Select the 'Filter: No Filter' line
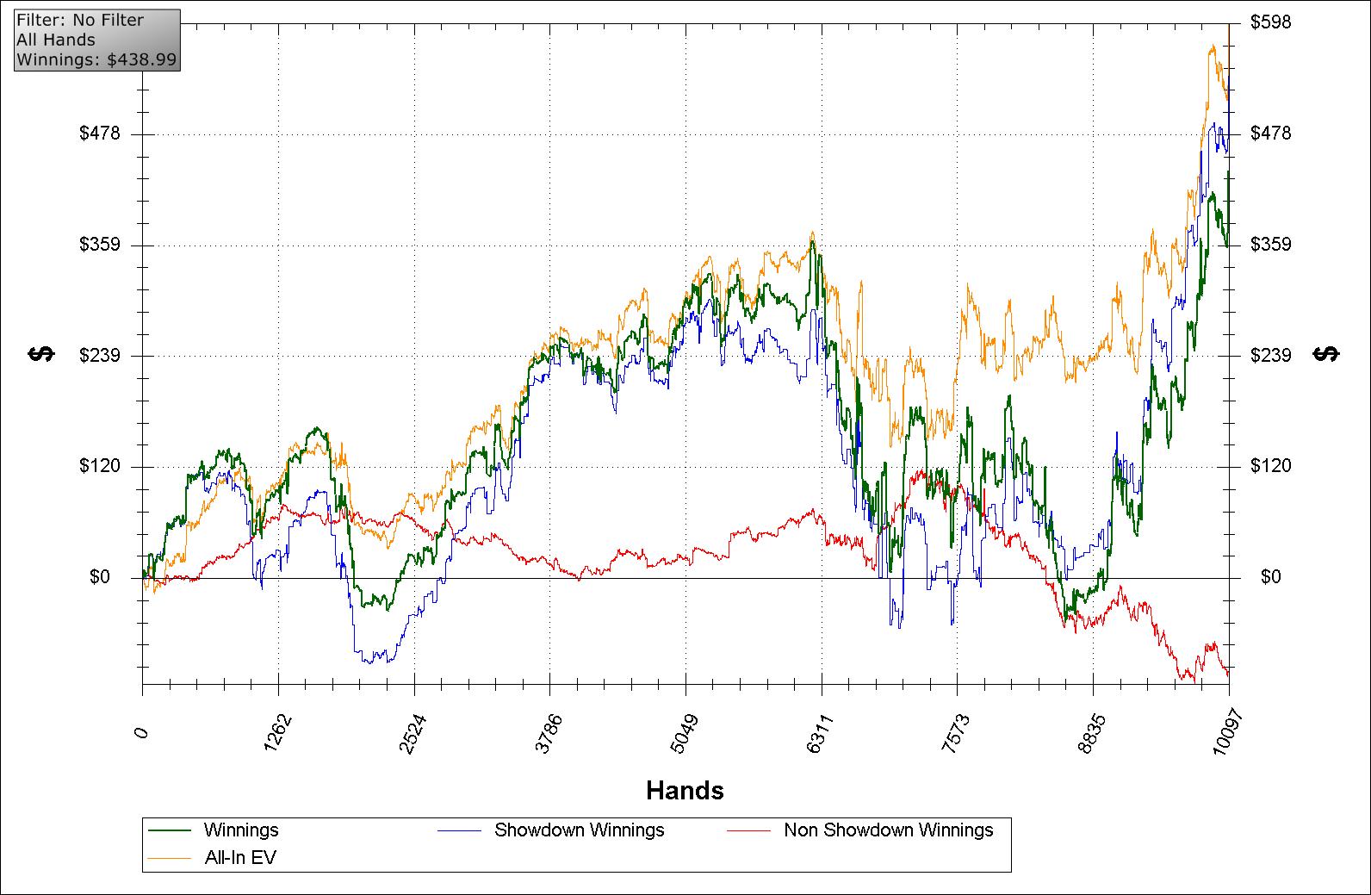click(80, 20)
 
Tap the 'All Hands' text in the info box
click(56, 39)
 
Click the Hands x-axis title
click(685, 790)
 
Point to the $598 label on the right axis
click(1270, 22)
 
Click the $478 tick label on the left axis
click(100, 134)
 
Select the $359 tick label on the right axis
click(1270, 245)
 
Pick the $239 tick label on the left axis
click(100, 356)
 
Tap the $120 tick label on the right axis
click(1270, 466)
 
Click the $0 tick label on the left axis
click(100, 577)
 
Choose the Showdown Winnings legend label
click(579, 830)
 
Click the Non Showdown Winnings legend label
click(888, 830)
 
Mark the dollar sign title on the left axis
click(41, 354)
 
